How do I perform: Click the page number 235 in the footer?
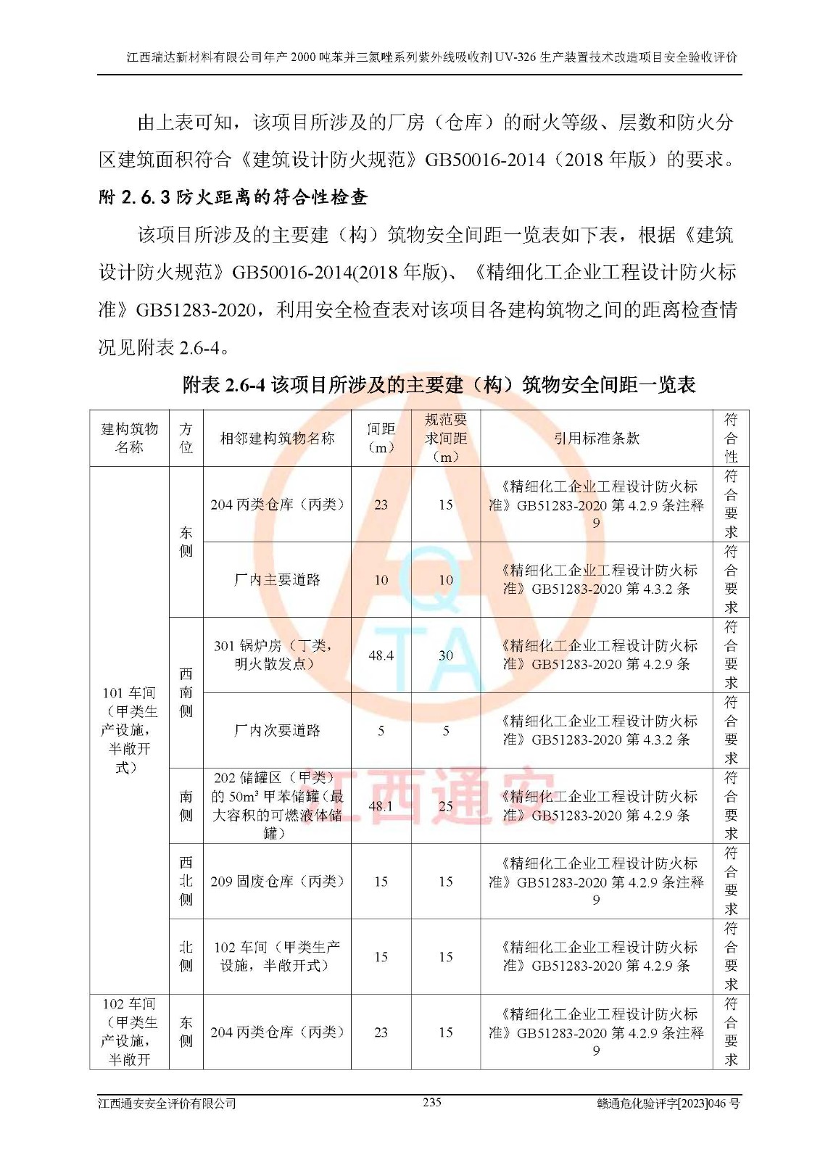(431, 1102)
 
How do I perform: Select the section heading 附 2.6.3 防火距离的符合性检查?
(233, 197)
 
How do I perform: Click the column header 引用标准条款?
(596, 438)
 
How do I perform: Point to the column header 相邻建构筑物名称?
(277, 438)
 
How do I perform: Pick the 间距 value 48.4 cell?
(381, 655)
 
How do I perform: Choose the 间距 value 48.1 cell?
(381, 805)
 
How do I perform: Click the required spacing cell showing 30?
(445, 655)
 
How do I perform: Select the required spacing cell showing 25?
(445, 805)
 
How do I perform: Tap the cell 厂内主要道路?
(277, 580)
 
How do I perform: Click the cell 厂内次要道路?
(277, 731)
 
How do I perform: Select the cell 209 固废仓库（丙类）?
(277, 882)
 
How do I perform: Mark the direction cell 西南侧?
(186, 692)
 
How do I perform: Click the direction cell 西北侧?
(186, 881)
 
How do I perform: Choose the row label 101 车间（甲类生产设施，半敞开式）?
(129, 730)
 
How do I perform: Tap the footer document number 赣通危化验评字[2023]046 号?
(668, 1103)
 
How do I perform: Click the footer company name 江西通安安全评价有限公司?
(167, 1103)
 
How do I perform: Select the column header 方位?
(186, 438)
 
